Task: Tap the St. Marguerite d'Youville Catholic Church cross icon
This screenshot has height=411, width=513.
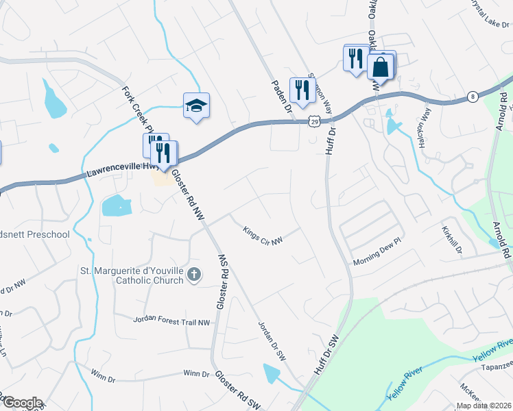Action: click(x=194, y=275)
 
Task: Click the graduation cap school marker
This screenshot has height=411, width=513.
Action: click(x=195, y=105)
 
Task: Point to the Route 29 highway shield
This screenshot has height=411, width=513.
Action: click(x=313, y=121)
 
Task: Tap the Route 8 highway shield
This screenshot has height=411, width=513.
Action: click(x=473, y=97)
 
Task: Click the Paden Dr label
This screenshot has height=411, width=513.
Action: click(x=281, y=96)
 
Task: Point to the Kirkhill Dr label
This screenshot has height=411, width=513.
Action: click(x=453, y=240)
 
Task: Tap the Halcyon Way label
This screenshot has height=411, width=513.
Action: click(x=423, y=130)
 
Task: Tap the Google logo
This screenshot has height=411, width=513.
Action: click(x=22, y=402)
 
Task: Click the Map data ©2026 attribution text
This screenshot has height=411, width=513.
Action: click(x=484, y=405)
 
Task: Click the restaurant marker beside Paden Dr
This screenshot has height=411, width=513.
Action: click(x=301, y=89)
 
